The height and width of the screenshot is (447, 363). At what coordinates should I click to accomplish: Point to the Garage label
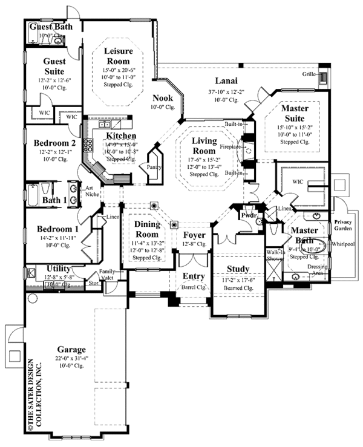[72, 350]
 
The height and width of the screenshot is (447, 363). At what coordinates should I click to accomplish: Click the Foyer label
[194, 235]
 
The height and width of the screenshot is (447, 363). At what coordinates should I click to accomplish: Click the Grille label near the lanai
[310, 74]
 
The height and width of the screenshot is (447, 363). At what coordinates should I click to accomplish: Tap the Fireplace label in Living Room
[232, 146]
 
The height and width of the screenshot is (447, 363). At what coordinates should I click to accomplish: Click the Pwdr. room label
[247, 215]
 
